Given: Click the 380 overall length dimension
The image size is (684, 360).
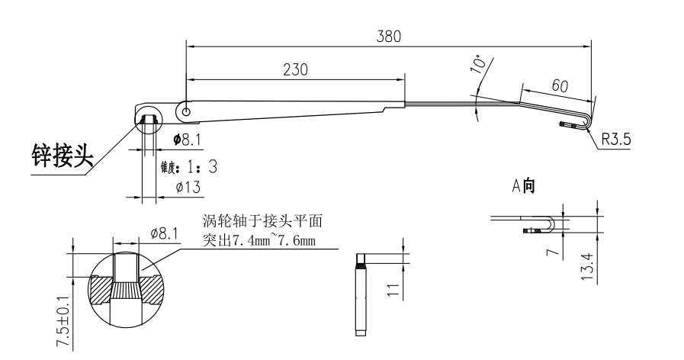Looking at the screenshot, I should (x=388, y=37).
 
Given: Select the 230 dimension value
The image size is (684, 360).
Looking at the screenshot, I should (x=294, y=69).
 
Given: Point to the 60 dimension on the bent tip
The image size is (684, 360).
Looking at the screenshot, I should (x=559, y=86).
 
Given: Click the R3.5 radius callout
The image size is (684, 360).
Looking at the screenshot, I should (x=617, y=140).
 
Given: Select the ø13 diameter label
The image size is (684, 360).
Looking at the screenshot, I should (x=187, y=187).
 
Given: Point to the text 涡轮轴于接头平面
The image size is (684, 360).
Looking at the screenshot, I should (x=263, y=222).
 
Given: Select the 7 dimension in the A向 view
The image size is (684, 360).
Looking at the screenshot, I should (x=560, y=246).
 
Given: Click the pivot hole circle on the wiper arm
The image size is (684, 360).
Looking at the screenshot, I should (x=185, y=110).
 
